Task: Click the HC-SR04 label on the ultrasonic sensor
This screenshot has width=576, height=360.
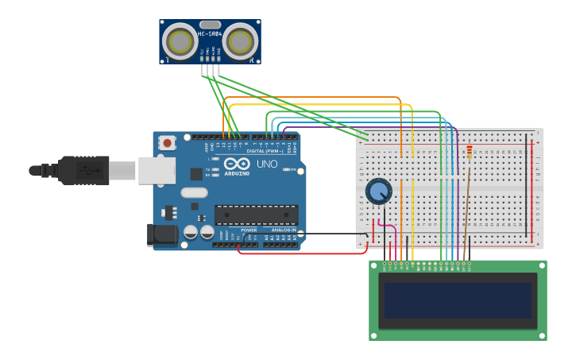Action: pyautogui.click(x=210, y=33)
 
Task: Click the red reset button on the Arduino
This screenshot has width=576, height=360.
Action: pyautogui.click(x=168, y=143)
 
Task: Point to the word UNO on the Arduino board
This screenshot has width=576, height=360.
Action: pyautogui.click(x=267, y=164)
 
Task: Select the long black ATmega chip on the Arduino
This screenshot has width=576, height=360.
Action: pyautogui.click(x=256, y=214)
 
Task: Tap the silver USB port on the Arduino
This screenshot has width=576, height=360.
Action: pyautogui.click(x=157, y=170)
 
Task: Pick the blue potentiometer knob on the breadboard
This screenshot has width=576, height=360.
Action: pyautogui.click(x=379, y=191)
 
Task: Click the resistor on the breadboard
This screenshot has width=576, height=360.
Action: pyautogui.click(x=469, y=151)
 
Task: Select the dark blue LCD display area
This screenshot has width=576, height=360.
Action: pyautogui.click(x=458, y=300)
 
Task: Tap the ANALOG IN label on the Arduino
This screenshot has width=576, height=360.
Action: pyautogui.click(x=283, y=230)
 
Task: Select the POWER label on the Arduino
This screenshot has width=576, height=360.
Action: pyautogui.click(x=249, y=230)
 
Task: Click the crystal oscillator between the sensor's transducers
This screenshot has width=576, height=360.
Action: pyautogui.click(x=210, y=25)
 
